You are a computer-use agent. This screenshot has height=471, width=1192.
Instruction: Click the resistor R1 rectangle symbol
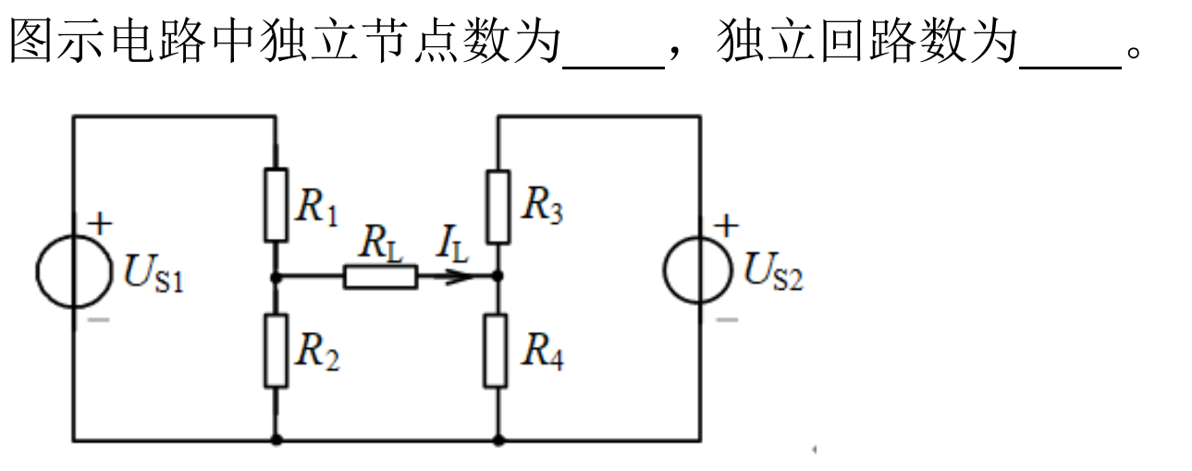(276, 205)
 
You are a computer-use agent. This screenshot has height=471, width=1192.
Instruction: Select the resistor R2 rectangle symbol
(276, 350)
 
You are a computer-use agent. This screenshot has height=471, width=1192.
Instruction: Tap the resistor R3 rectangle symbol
(498, 206)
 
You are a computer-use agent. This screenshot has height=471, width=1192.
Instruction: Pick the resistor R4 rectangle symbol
(498, 350)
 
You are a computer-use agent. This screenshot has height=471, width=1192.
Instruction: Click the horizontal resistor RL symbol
(380, 276)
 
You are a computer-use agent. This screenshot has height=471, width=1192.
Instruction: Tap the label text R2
(316, 353)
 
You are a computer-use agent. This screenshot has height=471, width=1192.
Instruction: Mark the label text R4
(542, 353)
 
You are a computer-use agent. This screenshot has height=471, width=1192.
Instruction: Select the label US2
(772, 274)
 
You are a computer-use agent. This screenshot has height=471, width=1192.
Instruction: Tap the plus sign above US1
(100, 224)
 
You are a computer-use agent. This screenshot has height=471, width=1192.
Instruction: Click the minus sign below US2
(728, 320)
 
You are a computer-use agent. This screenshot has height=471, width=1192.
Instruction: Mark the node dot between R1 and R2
(276, 276)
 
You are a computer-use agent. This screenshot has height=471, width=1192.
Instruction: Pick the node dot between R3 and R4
(498, 276)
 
